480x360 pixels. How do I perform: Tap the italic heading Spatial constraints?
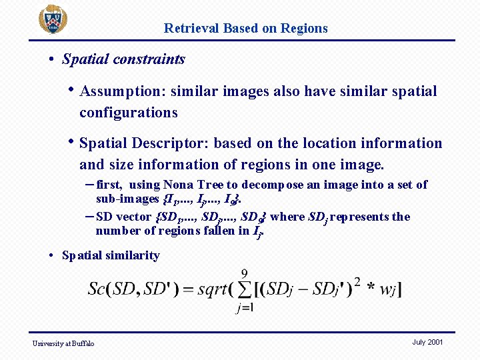123,59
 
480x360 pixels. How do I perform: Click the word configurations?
128,113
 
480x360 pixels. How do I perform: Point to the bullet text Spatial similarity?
111,255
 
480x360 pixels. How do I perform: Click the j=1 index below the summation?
244,307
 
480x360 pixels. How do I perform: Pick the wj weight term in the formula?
387,289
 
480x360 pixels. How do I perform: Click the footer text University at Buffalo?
64,343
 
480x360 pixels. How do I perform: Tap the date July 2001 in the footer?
427,342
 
